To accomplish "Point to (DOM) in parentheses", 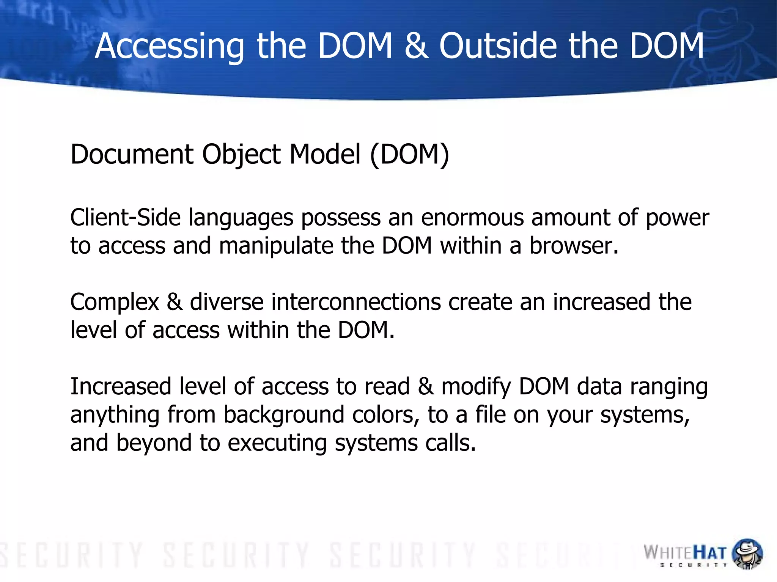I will [409, 154].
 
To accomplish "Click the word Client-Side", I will [125, 218].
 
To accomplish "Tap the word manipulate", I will [275, 246].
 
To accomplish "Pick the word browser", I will [574, 246].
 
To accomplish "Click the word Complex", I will [115, 303].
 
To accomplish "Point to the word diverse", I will [226, 302].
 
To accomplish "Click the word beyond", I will [154, 443].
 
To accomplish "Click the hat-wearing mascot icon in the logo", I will [747, 554].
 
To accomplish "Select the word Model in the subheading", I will [325, 154].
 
